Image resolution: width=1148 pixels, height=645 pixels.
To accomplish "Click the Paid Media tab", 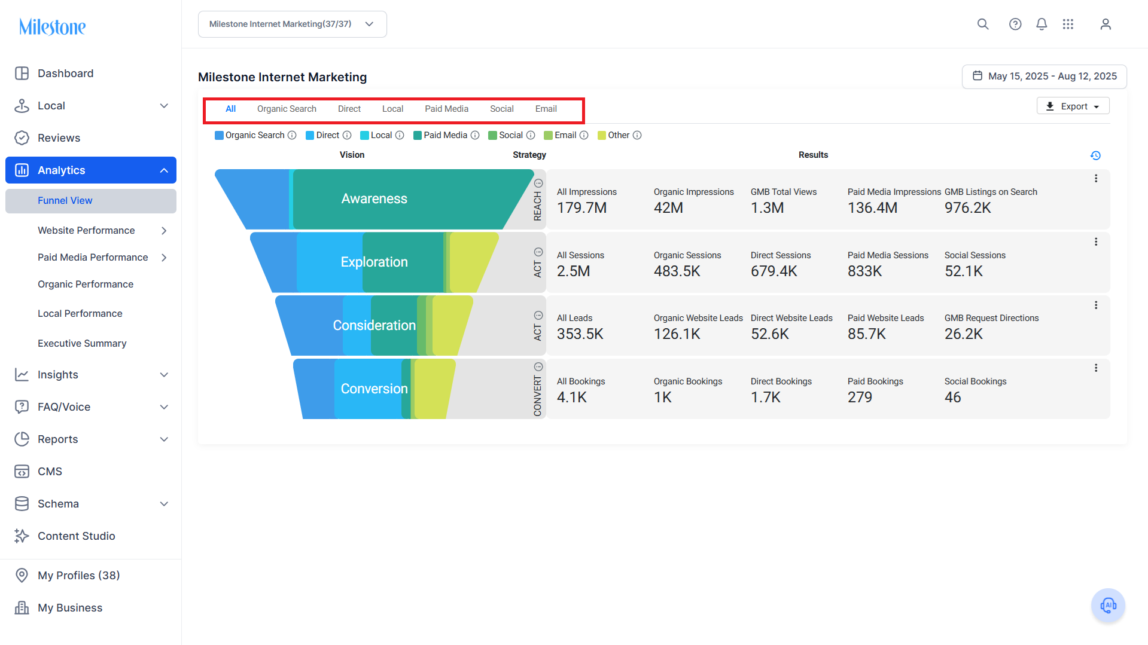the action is coord(446,109).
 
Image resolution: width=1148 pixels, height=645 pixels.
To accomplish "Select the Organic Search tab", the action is coord(287,109).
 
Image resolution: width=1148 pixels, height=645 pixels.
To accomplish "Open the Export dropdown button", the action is coord(1073,106).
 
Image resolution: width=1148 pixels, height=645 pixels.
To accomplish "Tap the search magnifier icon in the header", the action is coord(983,24).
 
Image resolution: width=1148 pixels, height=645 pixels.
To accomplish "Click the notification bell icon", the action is coord(1042,24).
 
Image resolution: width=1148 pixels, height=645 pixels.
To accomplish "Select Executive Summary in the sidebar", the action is coord(82,343).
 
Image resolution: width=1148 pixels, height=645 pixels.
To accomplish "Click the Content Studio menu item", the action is coord(76,536).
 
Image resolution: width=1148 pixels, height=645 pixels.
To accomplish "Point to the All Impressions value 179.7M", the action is coord(581,208).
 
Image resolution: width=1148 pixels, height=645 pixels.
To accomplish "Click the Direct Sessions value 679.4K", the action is coord(774,271).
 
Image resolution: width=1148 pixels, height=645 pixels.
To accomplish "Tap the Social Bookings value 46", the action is coord(952,398).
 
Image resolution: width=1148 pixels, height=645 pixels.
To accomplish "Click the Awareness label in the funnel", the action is coord(374,199).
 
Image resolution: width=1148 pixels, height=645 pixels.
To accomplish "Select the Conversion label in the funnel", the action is coord(374,389).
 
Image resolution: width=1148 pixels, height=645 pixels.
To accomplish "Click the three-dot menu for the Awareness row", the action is coord(1096,179).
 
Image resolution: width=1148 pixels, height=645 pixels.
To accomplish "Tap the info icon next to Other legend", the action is coord(637,136).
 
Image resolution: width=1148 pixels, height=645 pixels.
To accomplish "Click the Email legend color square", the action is coord(548,136).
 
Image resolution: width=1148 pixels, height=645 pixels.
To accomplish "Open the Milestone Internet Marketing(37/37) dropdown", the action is coord(293,25).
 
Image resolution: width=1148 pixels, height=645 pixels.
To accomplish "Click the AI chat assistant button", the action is coord(1108,606).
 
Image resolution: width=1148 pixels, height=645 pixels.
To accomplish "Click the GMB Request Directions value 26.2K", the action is coord(963,334).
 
